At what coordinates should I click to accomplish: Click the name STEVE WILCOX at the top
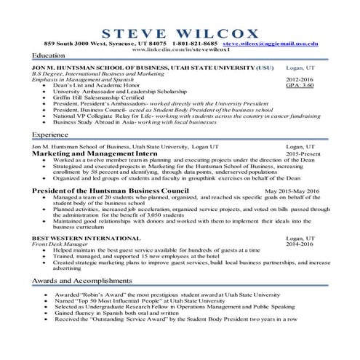[x=180, y=33]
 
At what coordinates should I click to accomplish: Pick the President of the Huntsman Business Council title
[x=115, y=191]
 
